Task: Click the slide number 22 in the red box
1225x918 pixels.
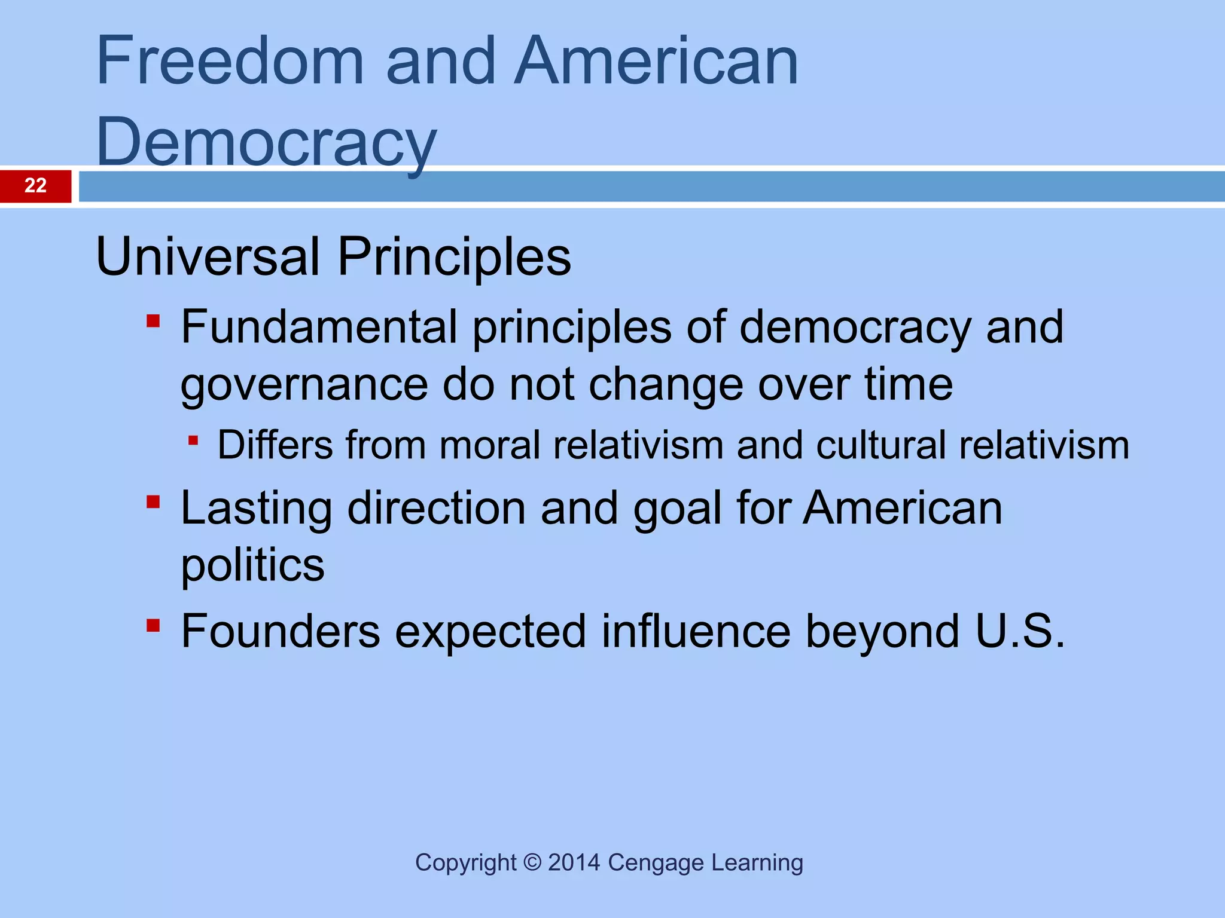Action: coord(35,185)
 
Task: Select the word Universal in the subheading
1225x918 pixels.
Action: coord(208,257)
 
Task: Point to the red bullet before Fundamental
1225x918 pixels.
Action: coord(153,322)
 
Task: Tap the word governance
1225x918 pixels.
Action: coord(304,385)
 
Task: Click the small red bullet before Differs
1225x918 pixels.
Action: coord(193,441)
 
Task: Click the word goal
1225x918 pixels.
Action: coord(677,509)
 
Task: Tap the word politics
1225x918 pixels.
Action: coord(252,566)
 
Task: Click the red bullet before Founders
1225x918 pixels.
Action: coord(153,625)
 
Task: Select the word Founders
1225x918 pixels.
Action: coord(281,631)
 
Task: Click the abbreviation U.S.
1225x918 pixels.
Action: coord(1020,631)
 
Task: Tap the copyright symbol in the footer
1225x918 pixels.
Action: coord(532,862)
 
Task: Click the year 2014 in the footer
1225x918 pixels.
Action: coord(574,862)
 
